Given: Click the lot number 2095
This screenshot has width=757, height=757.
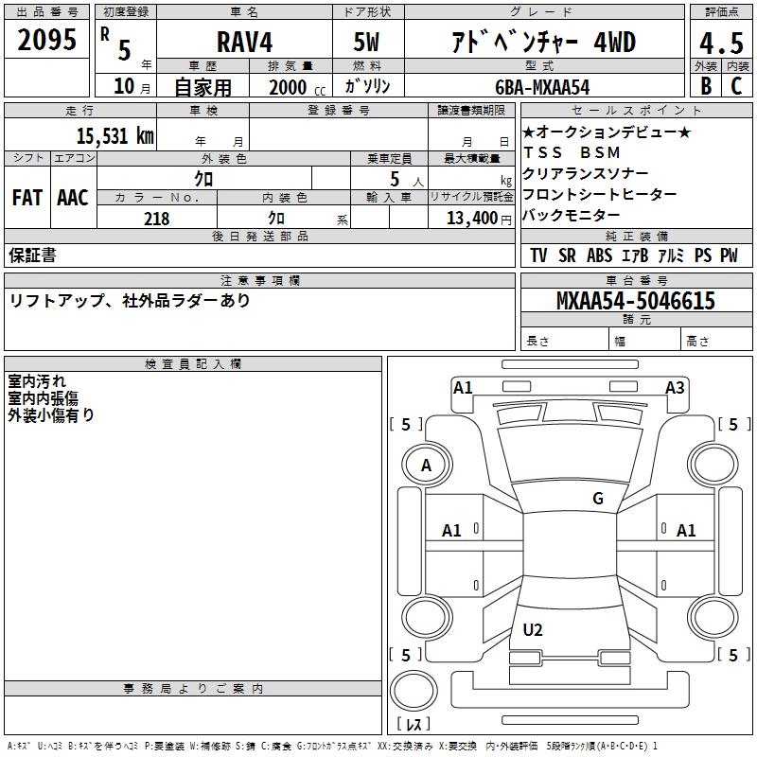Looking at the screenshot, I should (47, 39).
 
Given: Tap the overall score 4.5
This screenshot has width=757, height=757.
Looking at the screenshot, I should (721, 43).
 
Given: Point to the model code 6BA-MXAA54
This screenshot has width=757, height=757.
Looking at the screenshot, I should (542, 87).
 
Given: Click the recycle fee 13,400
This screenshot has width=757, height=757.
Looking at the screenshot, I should (470, 219).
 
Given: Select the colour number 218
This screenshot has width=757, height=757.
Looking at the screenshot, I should (156, 219).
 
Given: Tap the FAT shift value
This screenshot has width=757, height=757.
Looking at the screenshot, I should (26, 198).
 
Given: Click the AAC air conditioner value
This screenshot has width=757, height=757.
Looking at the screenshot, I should (72, 198).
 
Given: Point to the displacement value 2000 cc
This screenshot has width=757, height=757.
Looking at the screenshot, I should (295, 87).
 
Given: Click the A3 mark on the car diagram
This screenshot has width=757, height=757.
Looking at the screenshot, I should (675, 387).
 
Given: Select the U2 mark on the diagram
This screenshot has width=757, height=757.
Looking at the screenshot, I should (533, 630).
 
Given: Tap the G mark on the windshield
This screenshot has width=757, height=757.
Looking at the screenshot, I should (598, 499).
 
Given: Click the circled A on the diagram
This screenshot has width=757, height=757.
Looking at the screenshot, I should (426, 465).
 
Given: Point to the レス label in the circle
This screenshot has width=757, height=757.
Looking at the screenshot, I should (413, 725).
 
